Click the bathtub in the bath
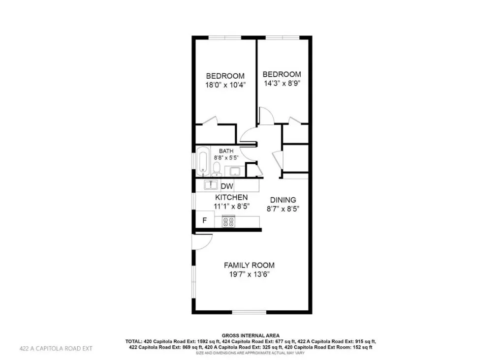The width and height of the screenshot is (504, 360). coord(203,161)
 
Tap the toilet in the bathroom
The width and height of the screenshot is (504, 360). coord(217,169)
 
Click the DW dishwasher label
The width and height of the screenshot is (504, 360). coord(227,186)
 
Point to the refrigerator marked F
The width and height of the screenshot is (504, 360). coord(204,221)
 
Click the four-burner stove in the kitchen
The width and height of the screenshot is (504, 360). coord(228,222)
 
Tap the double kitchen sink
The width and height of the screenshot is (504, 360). coord(211,185)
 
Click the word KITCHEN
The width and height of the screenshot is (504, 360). coord(231,197)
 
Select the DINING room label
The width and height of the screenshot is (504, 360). coord(283,200)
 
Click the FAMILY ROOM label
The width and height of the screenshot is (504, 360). coord(249,265)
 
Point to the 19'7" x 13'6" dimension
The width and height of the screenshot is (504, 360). coord(249,274)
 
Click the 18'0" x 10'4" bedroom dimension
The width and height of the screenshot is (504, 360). coord(225,85)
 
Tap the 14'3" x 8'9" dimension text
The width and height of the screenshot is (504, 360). coord(282,84)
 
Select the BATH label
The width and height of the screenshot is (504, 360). coord(226,151)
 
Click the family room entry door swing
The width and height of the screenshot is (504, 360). coord(202,242)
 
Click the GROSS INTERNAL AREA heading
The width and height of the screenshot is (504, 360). coord(251,336)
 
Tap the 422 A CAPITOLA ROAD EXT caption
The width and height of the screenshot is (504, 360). coord(56,348)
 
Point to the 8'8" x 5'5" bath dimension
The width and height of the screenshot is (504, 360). coord(226,158)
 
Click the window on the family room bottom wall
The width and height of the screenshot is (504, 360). coord(250,312)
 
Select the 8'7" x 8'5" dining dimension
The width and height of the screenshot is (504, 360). coord(283,209)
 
